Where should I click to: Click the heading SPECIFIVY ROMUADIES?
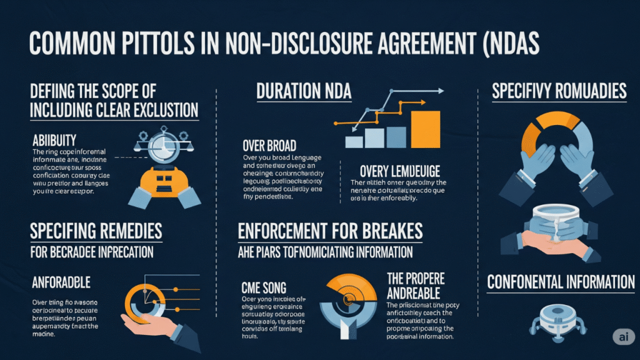click(x=559, y=92)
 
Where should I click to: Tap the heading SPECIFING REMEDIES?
click(x=96, y=231)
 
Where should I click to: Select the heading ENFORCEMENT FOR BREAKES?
click(x=330, y=231)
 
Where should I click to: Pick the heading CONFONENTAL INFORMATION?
click(x=561, y=282)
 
